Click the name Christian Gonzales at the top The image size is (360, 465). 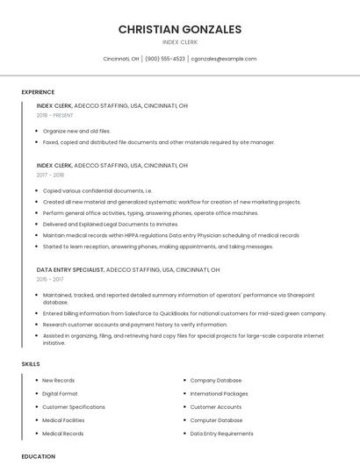[179, 29]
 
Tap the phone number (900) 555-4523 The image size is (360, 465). [165, 59]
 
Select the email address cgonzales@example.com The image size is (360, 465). [224, 59]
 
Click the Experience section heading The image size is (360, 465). [38, 92]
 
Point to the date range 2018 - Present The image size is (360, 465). [54, 115]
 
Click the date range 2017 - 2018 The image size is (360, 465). [50, 175]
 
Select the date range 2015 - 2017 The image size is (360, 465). [50, 279]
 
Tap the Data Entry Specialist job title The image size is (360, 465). [70, 269]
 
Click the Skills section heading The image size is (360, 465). [31, 363]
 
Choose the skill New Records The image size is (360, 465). [58, 381]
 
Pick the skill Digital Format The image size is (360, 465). [60, 394]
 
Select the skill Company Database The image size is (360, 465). [215, 381]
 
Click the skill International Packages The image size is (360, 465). [219, 394]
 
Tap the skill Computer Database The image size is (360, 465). [216, 420]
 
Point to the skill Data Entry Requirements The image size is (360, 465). [221, 433]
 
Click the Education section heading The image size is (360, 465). [38, 456]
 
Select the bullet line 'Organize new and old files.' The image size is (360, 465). [76, 131]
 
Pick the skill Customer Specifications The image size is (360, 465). [74, 407]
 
